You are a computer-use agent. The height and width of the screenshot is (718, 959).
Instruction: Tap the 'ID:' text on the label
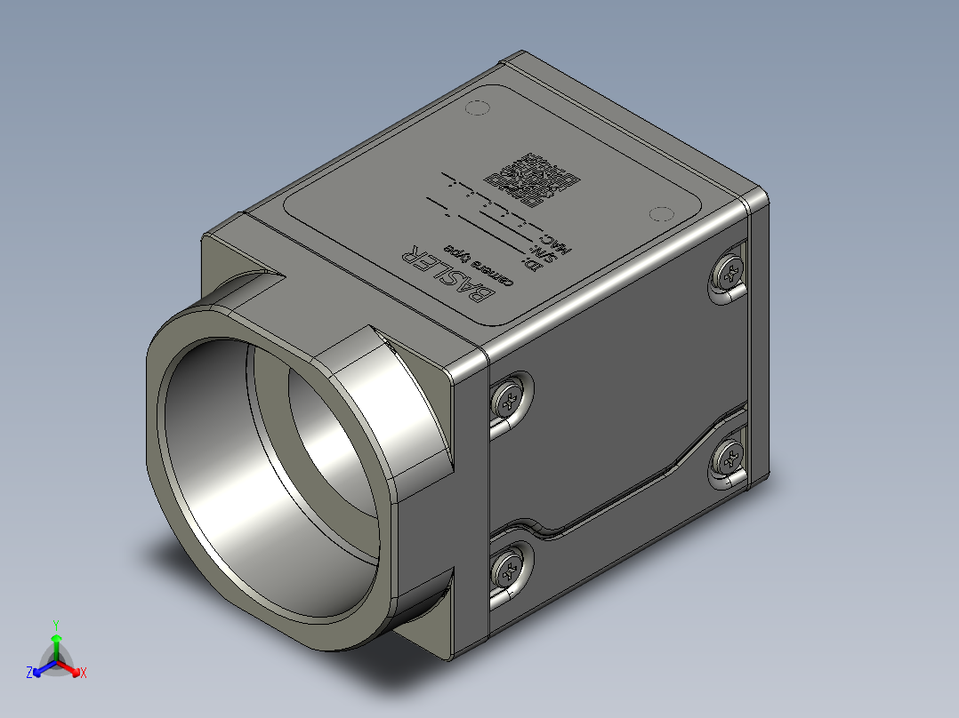coord(533,265)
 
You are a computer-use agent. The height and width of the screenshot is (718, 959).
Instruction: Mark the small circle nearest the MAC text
coord(659,214)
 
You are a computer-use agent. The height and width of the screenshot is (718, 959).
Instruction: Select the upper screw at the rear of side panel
coord(729,270)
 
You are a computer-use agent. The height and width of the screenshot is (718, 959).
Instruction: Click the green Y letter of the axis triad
coord(55,625)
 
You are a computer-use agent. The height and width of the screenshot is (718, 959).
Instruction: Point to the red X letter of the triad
coord(83,674)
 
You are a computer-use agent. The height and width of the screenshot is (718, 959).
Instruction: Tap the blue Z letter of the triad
coord(29,674)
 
